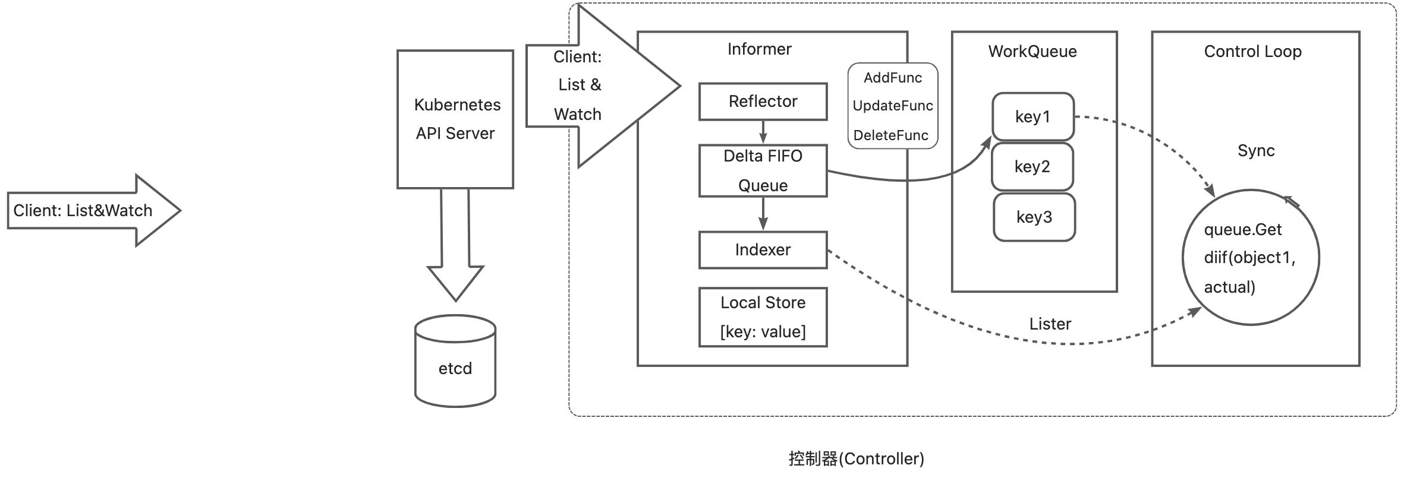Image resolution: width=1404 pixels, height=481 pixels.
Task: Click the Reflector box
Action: (763, 102)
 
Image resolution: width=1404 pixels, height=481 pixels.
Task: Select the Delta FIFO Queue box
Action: (763, 170)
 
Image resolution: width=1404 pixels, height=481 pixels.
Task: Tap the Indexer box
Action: (763, 250)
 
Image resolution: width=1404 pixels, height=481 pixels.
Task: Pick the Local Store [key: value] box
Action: (763, 317)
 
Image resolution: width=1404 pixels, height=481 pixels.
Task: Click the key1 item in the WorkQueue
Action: (1032, 116)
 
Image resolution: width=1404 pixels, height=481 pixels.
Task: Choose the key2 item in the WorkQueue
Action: (1032, 166)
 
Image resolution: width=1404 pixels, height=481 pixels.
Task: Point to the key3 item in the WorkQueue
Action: (1034, 217)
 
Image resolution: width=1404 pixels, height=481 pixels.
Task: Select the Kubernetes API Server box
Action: (455, 119)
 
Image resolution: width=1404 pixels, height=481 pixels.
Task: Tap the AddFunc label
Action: (892, 78)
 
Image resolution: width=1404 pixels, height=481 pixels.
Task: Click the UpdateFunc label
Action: (892, 106)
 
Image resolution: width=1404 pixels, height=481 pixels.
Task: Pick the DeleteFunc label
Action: (890, 135)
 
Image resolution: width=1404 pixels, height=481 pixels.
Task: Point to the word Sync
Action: (1256, 151)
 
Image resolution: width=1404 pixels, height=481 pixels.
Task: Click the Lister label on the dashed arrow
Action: (1050, 324)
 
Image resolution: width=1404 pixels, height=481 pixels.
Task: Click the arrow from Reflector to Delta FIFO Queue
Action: (763, 132)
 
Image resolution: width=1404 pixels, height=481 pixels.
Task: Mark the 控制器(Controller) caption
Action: (856, 458)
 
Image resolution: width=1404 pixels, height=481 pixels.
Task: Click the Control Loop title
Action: (1252, 52)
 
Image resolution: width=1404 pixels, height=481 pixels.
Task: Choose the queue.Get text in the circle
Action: (1242, 230)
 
